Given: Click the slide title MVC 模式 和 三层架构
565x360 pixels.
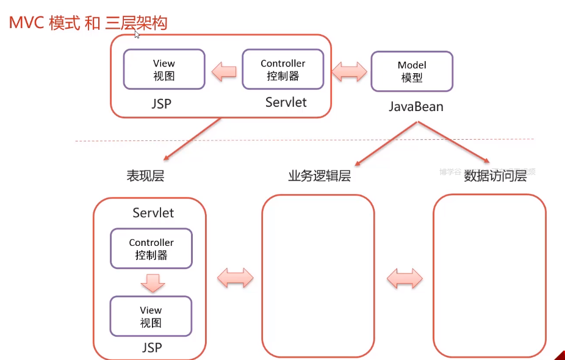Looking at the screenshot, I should pyautogui.click(x=88, y=24).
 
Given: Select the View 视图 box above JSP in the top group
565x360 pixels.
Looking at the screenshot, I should pyautogui.click(x=164, y=70).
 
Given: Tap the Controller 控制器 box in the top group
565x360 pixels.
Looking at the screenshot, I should pyautogui.click(x=282, y=70).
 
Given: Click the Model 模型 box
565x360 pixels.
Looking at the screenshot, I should pyautogui.click(x=412, y=71).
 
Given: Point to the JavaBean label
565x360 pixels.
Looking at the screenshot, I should pyautogui.click(x=416, y=107).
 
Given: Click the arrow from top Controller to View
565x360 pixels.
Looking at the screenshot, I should pyautogui.click(x=224, y=73).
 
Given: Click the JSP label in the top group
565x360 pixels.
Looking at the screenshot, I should pyautogui.click(x=162, y=104).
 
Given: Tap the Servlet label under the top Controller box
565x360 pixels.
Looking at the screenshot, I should pyautogui.click(x=286, y=102).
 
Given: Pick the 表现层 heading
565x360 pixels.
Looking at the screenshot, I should pyautogui.click(x=145, y=177).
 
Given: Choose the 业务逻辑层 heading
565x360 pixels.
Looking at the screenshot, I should pyautogui.click(x=320, y=176).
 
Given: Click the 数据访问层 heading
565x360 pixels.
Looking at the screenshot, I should pyautogui.click(x=495, y=176).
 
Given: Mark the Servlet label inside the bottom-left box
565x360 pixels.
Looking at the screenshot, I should pyautogui.click(x=153, y=213).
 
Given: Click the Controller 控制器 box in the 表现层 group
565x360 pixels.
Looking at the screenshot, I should pyautogui.click(x=151, y=248).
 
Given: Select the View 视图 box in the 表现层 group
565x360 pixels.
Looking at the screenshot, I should pyautogui.click(x=151, y=316).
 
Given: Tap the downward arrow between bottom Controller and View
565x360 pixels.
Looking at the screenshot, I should pyautogui.click(x=151, y=283).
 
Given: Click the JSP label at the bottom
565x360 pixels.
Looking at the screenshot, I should pyautogui.click(x=152, y=347).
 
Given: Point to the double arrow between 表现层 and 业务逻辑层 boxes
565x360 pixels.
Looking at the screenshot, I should pyautogui.click(x=235, y=278).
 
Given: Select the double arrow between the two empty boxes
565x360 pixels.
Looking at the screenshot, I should pyautogui.click(x=405, y=278).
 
